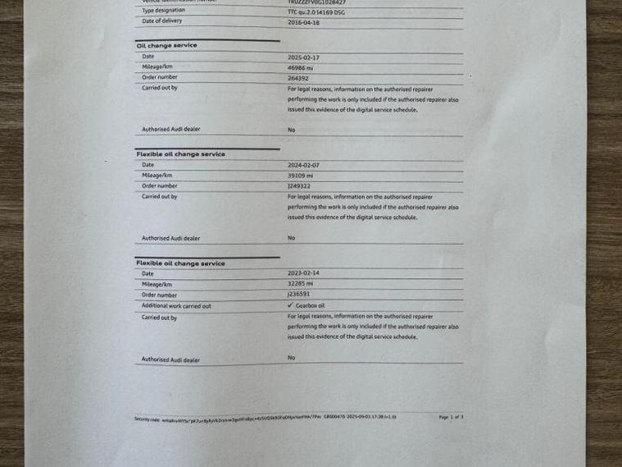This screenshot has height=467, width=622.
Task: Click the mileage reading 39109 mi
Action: point(300,175)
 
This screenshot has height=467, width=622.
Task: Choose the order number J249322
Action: point(298,185)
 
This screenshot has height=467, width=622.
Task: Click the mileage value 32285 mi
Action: point(300,284)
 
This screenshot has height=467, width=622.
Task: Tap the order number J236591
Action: point(298,294)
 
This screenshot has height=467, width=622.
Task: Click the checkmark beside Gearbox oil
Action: point(290,305)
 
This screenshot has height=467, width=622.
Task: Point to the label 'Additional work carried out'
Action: point(176,306)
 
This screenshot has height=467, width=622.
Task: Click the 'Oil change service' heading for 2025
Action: point(166,46)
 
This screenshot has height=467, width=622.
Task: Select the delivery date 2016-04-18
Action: point(303,23)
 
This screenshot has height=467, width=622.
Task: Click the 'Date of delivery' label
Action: point(161,22)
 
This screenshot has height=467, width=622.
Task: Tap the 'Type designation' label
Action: point(162,11)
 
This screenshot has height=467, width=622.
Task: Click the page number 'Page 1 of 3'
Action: point(451,418)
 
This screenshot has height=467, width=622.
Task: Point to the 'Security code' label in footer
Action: point(148,419)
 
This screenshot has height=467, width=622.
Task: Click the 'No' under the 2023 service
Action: point(291,358)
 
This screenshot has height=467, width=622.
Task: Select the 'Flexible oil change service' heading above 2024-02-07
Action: point(180,154)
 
